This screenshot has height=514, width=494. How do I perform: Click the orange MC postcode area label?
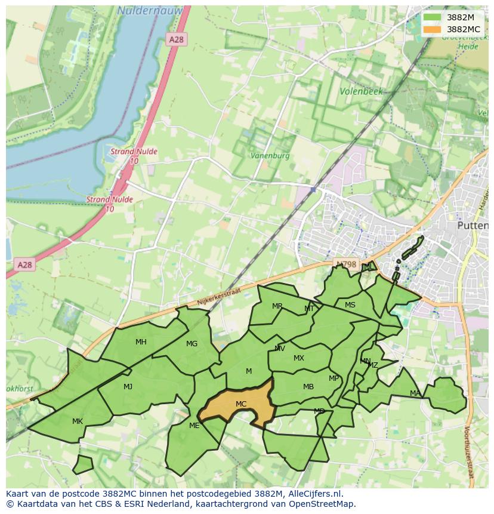pyautogui.click(x=241, y=404)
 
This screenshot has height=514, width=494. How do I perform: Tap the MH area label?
pyautogui.click(x=141, y=342)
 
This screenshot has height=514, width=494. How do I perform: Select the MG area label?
pyautogui.click(x=192, y=344)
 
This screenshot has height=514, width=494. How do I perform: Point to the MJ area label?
pyautogui.click(x=128, y=387)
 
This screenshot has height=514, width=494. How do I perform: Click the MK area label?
pyautogui.click(x=78, y=421)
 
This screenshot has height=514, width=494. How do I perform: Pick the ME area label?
pyautogui.click(x=194, y=426)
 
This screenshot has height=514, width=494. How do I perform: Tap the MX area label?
pyautogui.click(x=298, y=358)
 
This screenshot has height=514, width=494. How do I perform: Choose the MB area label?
pyautogui.click(x=308, y=387)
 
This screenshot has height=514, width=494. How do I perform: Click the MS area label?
pyautogui.click(x=350, y=305)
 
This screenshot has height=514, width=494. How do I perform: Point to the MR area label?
pyautogui.click(x=277, y=306)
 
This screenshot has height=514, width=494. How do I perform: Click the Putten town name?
pyautogui.click(x=472, y=226)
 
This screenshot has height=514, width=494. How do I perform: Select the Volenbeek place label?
pyautogui.click(x=361, y=92)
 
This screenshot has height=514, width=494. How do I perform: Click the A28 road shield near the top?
pyautogui.click(x=176, y=39)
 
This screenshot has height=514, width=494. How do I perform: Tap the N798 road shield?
pyautogui.click(x=345, y=264)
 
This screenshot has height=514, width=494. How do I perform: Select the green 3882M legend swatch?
pyautogui.click(x=433, y=17)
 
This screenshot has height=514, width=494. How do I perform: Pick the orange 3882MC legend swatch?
pyautogui.click(x=433, y=29)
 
